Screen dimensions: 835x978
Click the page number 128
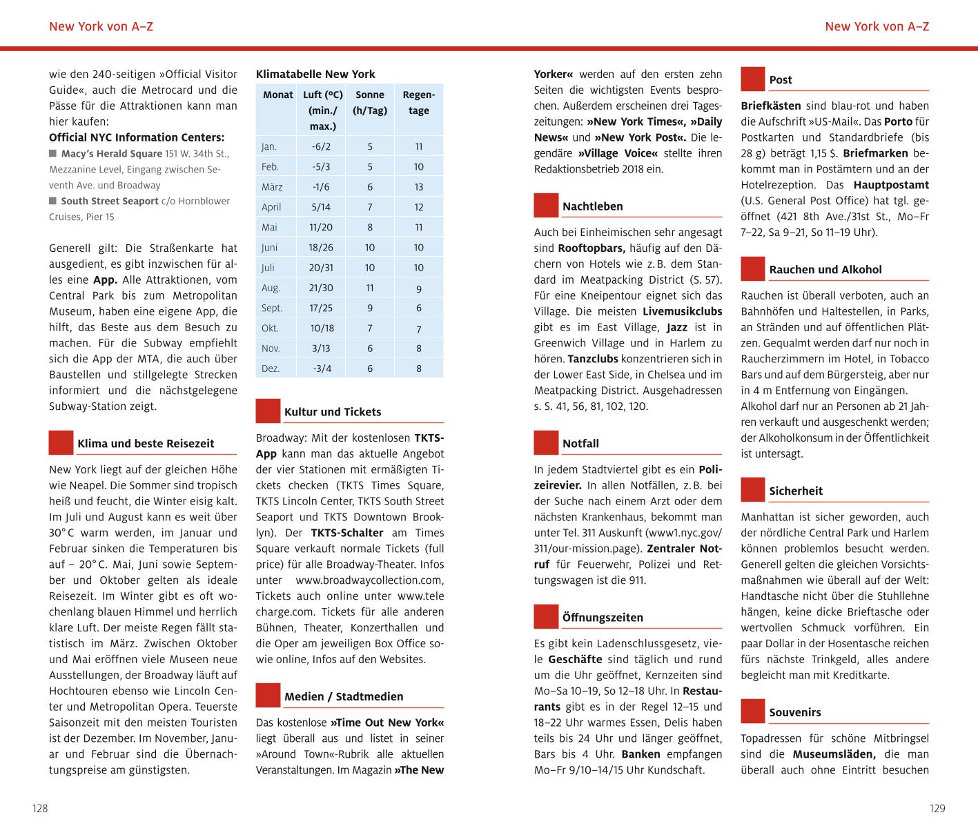41,808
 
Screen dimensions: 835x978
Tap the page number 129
937,808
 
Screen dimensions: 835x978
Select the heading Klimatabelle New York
315,74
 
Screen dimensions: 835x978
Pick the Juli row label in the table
268,268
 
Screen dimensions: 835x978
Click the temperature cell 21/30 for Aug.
322,288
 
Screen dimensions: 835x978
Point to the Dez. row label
270,369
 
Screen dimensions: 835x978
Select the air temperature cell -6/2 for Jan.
322,146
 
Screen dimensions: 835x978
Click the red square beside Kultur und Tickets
268,411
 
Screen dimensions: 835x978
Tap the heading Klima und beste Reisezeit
146,444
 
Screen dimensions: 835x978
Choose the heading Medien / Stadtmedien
344,696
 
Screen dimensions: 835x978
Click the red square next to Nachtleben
546,206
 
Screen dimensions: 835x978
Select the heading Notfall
580,444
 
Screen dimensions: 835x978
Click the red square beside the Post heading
753,79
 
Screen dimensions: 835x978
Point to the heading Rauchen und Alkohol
825,270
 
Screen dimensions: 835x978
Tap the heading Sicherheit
796,491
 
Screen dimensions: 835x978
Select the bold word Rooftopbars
591,248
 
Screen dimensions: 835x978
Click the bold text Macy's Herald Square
112,154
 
